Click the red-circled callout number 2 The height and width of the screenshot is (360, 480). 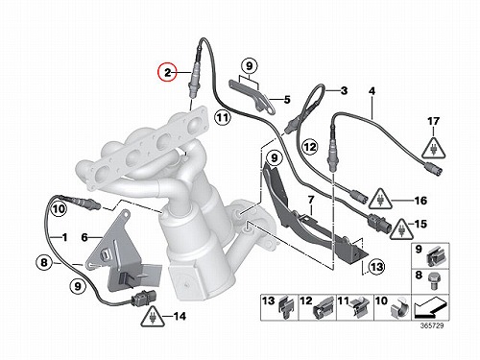coord(168,73)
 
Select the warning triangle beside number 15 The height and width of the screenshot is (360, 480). coord(402,228)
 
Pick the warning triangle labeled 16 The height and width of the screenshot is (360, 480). coord(380,200)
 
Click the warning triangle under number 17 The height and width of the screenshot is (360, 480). coord(433,148)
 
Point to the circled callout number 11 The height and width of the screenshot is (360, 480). coord(223,118)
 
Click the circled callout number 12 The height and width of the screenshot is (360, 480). coord(309,147)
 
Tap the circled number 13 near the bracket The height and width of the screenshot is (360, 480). coord(376,267)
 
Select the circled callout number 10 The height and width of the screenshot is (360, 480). coord(59,209)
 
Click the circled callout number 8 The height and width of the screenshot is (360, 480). coord(44,263)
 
